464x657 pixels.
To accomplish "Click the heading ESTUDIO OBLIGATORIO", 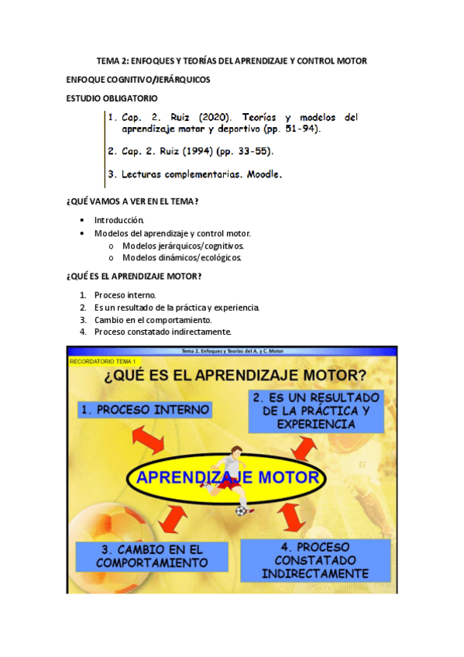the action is (x=112, y=98).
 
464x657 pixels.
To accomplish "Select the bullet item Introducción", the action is (x=119, y=220).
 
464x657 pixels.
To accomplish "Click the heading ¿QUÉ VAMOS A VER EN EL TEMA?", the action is (x=132, y=201).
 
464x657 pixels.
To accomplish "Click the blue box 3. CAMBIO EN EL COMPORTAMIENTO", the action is (x=152, y=556).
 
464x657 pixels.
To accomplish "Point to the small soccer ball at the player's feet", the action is (x=241, y=511).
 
